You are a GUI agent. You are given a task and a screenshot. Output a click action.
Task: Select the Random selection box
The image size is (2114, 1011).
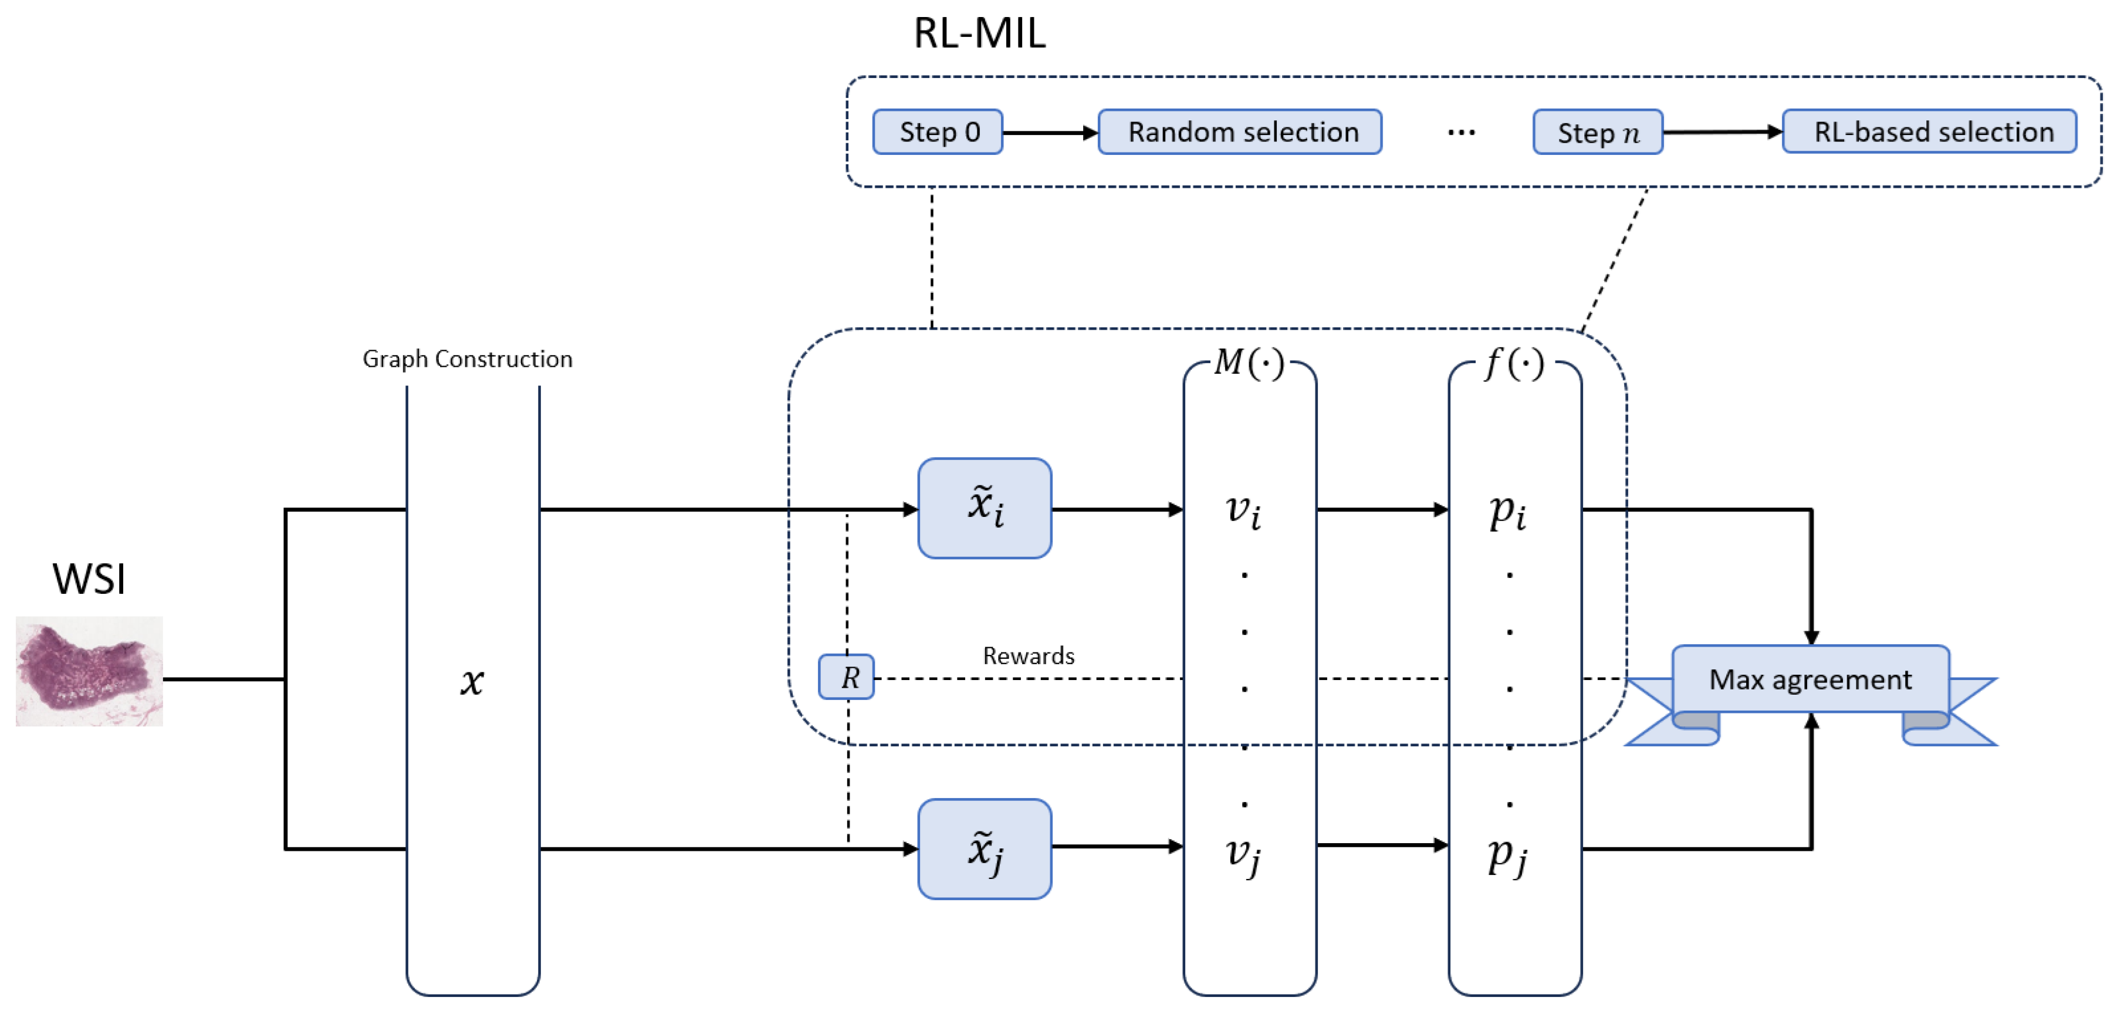(x=1239, y=132)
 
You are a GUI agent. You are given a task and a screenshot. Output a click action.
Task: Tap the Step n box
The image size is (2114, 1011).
(x=1597, y=132)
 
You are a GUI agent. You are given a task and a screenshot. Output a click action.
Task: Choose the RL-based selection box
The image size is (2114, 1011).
(x=1929, y=132)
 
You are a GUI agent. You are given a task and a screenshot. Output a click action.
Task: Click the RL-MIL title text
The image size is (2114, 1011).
(x=979, y=33)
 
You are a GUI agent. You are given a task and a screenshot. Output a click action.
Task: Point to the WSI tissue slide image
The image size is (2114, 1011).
(x=89, y=671)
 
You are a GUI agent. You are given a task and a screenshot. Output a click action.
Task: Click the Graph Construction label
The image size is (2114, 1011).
(x=467, y=360)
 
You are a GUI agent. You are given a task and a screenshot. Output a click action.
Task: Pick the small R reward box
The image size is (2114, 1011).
(x=846, y=677)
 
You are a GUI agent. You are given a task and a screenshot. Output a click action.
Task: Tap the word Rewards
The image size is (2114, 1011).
(x=1029, y=655)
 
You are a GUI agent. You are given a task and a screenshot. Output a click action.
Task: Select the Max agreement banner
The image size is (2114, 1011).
(x=1810, y=679)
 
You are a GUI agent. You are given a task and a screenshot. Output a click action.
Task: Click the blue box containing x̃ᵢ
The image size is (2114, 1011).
(x=984, y=508)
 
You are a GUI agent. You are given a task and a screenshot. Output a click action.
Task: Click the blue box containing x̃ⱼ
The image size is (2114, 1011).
(x=984, y=848)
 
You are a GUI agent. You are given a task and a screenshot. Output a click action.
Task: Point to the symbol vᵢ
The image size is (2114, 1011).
(x=1243, y=510)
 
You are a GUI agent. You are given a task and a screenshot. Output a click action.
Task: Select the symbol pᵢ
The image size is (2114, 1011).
(x=1507, y=512)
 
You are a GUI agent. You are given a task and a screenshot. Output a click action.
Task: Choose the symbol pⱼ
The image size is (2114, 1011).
(x=1507, y=855)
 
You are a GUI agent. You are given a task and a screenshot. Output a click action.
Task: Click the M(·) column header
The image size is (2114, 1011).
(x=1249, y=362)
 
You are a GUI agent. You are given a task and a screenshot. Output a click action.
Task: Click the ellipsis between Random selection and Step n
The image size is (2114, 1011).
(x=1461, y=132)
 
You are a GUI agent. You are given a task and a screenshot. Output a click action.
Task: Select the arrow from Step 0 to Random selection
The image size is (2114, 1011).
(x=1050, y=132)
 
